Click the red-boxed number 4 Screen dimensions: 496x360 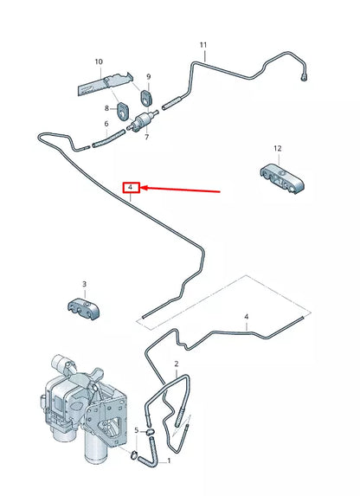pyautogui.click(x=130, y=187)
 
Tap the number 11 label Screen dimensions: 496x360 pyautogui.click(x=203, y=44)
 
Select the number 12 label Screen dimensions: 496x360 pyautogui.click(x=279, y=148)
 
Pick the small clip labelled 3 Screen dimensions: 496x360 pyautogui.click(x=85, y=306)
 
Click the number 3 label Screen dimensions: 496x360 pyautogui.click(x=84, y=284)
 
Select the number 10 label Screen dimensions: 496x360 pyautogui.click(x=99, y=61)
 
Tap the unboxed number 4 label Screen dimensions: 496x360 pyautogui.click(x=247, y=318)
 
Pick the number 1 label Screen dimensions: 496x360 pyautogui.click(x=170, y=461)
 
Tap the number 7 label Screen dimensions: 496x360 pyautogui.click(x=146, y=138)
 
